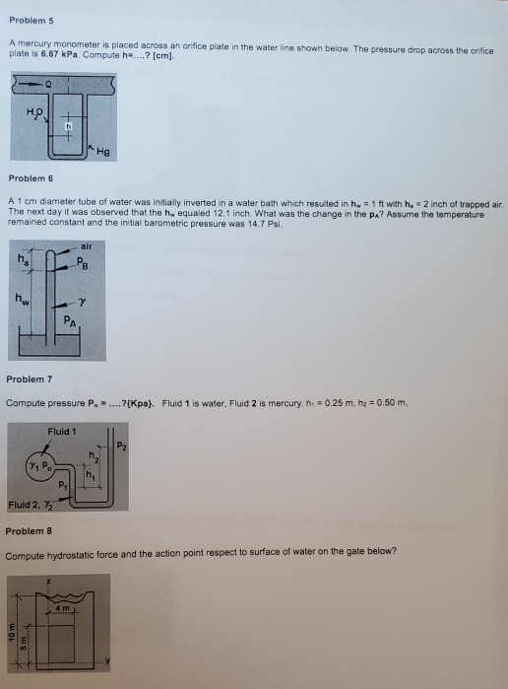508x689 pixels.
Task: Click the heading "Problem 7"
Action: pyautogui.click(x=29, y=379)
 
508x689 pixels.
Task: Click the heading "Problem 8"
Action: pyautogui.click(x=29, y=531)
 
